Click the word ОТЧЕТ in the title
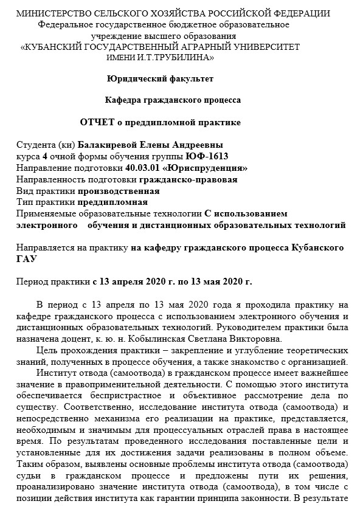[97, 122]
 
